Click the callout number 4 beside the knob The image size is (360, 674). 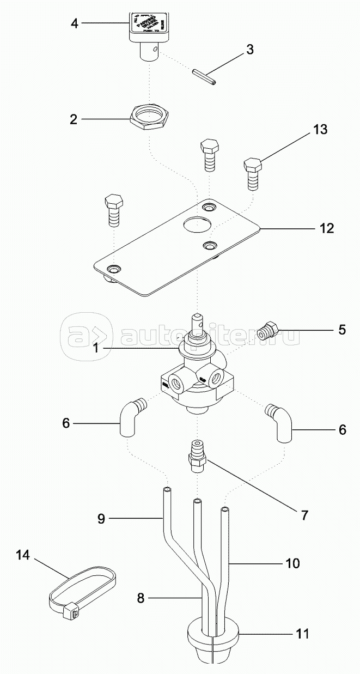click(x=74, y=23)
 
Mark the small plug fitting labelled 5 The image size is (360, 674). click(x=269, y=330)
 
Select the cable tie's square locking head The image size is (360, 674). click(x=70, y=612)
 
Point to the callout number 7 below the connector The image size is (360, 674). click(x=304, y=514)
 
